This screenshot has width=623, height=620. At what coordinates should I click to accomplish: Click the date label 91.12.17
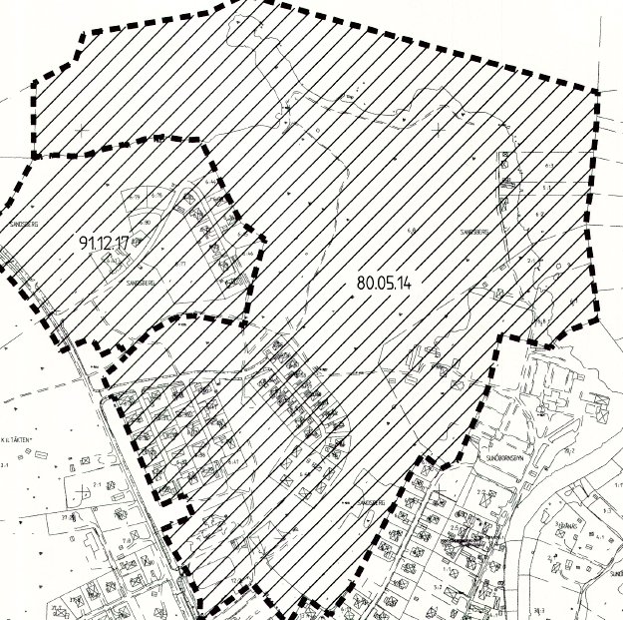click(109, 243)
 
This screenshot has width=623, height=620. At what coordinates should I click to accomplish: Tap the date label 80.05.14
click(384, 283)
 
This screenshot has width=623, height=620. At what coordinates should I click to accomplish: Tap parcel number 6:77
click(181, 263)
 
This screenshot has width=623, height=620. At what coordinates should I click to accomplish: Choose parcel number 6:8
click(411, 232)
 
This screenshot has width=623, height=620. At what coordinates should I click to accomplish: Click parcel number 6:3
click(549, 164)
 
